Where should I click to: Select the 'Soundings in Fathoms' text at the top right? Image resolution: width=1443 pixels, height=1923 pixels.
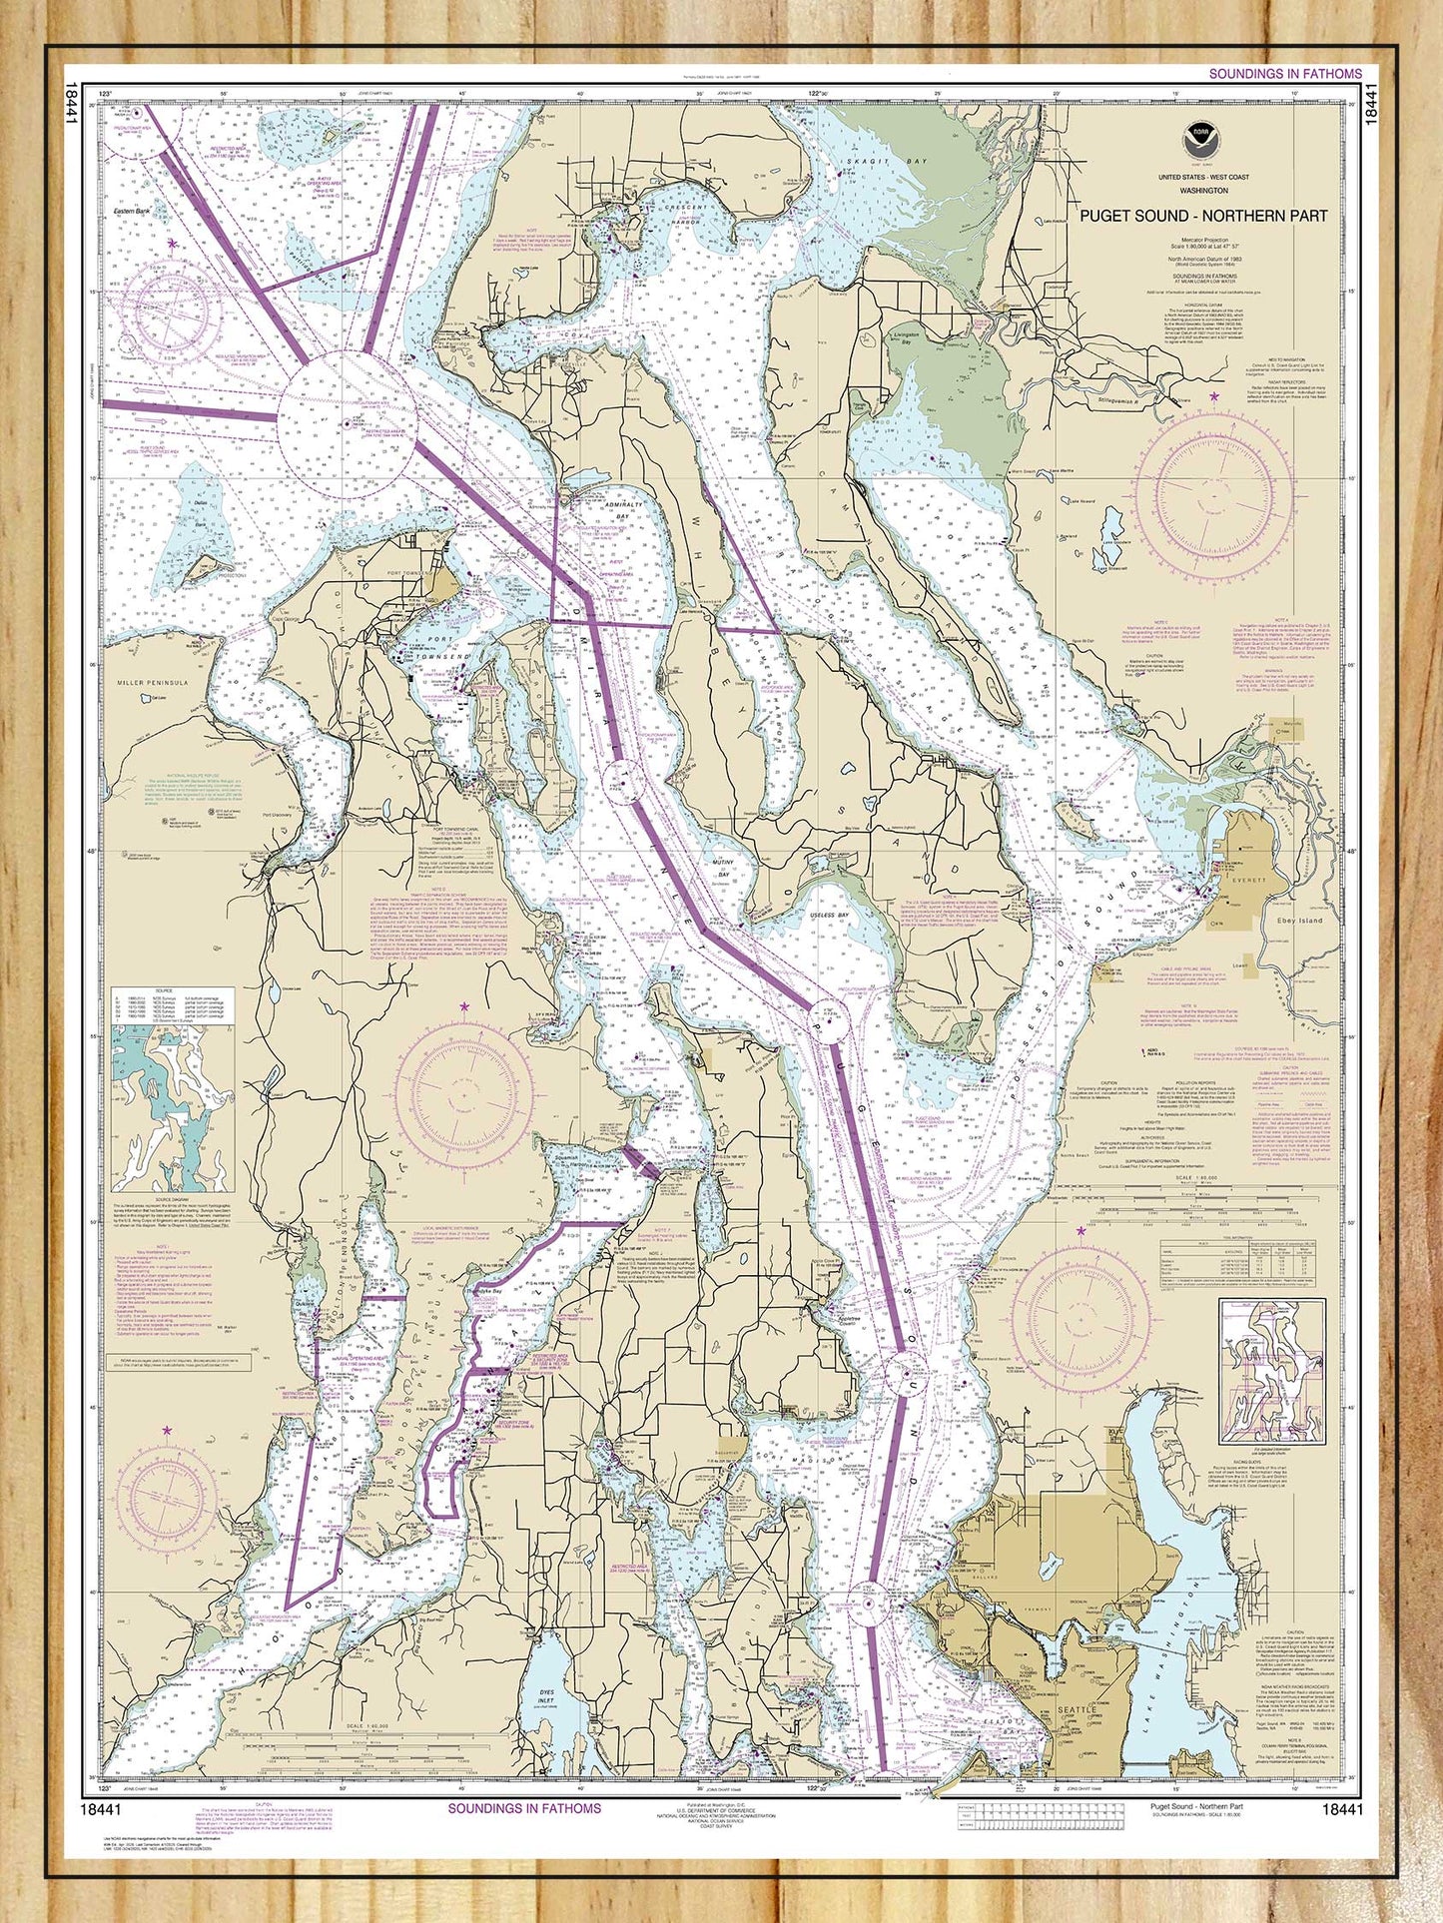(x=1284, y=74)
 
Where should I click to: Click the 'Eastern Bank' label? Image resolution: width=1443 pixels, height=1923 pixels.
(x=130, y=212)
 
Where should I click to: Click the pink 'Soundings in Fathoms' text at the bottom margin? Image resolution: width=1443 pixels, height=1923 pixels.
(x=524, y=1808)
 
